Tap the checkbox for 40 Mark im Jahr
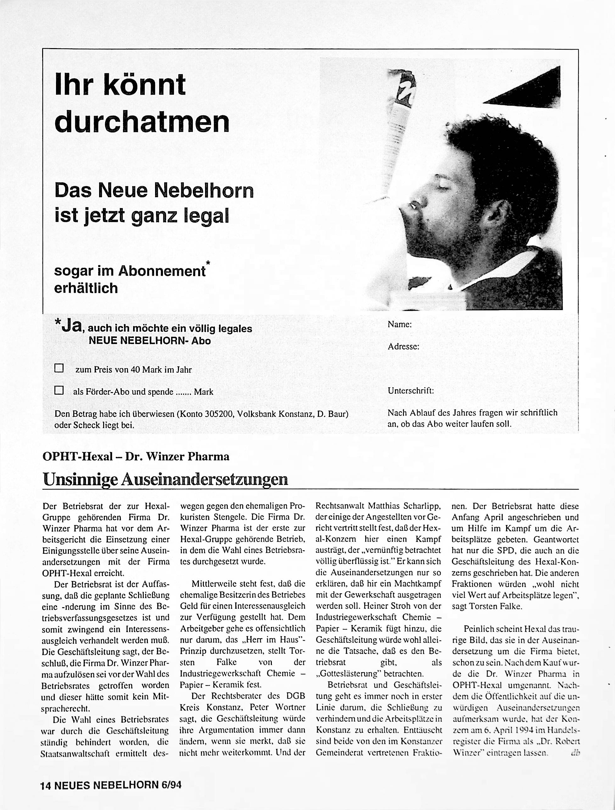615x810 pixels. pyautogui.click(x=59, y=368)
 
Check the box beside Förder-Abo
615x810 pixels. pyautogui.click(x=59, y=390)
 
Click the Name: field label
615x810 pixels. pyautogui.click(x=400, y=325)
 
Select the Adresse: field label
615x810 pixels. pyautogui.click(x=403, y=347)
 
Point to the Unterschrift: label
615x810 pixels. pyautogui.click(x=411, y=391)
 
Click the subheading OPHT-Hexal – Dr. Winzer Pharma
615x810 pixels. pyautogui.click(x=136, y=457)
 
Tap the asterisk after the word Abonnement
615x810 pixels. pyautogui.click(x=208, y=263)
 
